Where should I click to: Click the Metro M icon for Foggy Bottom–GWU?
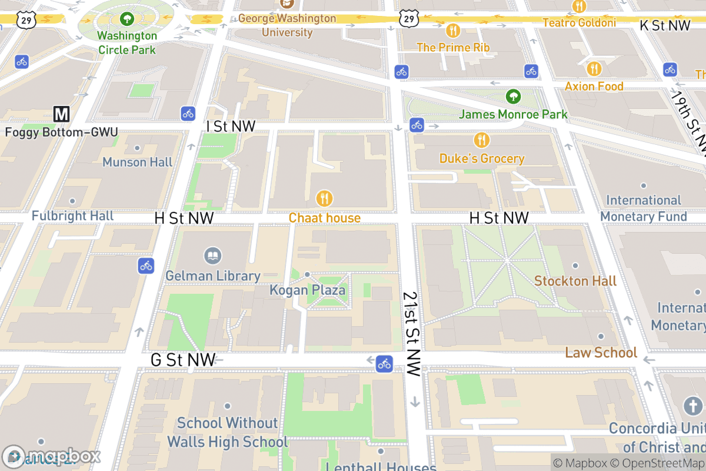[x=62, y=114]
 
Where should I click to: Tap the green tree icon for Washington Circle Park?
[x=127, y=19]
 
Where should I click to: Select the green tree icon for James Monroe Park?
[x=514, y=96]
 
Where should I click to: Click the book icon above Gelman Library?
[x=213, y=256]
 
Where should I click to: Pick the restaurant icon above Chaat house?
[x=324, y=198]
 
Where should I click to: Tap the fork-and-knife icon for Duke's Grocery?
[x=482, y=140]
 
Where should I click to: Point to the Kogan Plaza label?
[x=307, y=290]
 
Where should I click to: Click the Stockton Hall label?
[x=575, y=281]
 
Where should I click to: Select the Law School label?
[x=601, y=352]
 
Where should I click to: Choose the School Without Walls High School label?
[x=228, y=432]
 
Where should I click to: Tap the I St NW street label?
[x=231, y=127]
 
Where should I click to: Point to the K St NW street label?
[x=665, y=25]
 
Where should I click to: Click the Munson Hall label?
[x=138, y=162]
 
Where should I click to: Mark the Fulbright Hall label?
[x=72, y=216]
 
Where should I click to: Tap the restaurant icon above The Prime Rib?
[x=452, y=31]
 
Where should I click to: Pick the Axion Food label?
[x=594, y=87]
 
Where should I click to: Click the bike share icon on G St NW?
[x=384, y=363]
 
